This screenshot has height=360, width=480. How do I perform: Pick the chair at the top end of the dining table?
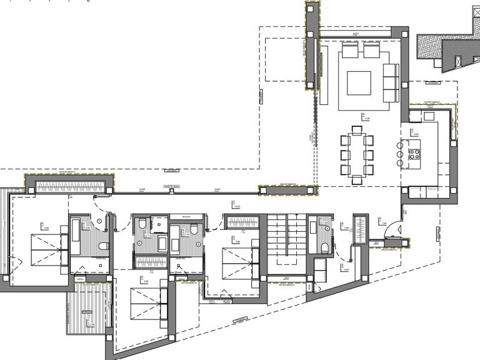pyautogui.click(x=356, y=130)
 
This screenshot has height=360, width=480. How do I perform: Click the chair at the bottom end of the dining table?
pyautogui.click(x=356, y=180)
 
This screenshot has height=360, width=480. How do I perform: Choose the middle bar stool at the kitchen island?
pyautogui.click(x=400, y=151)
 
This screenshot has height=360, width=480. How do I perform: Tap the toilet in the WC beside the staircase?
pyautogui.click(x=324, y=249)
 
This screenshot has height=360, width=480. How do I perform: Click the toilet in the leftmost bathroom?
pyautogui.click(x=104, y=244)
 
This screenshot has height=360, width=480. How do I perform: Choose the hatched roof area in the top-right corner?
pyautogui.click(x=429, y=47)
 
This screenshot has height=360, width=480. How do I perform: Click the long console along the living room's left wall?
pyautogui.click(x=324, y=75)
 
